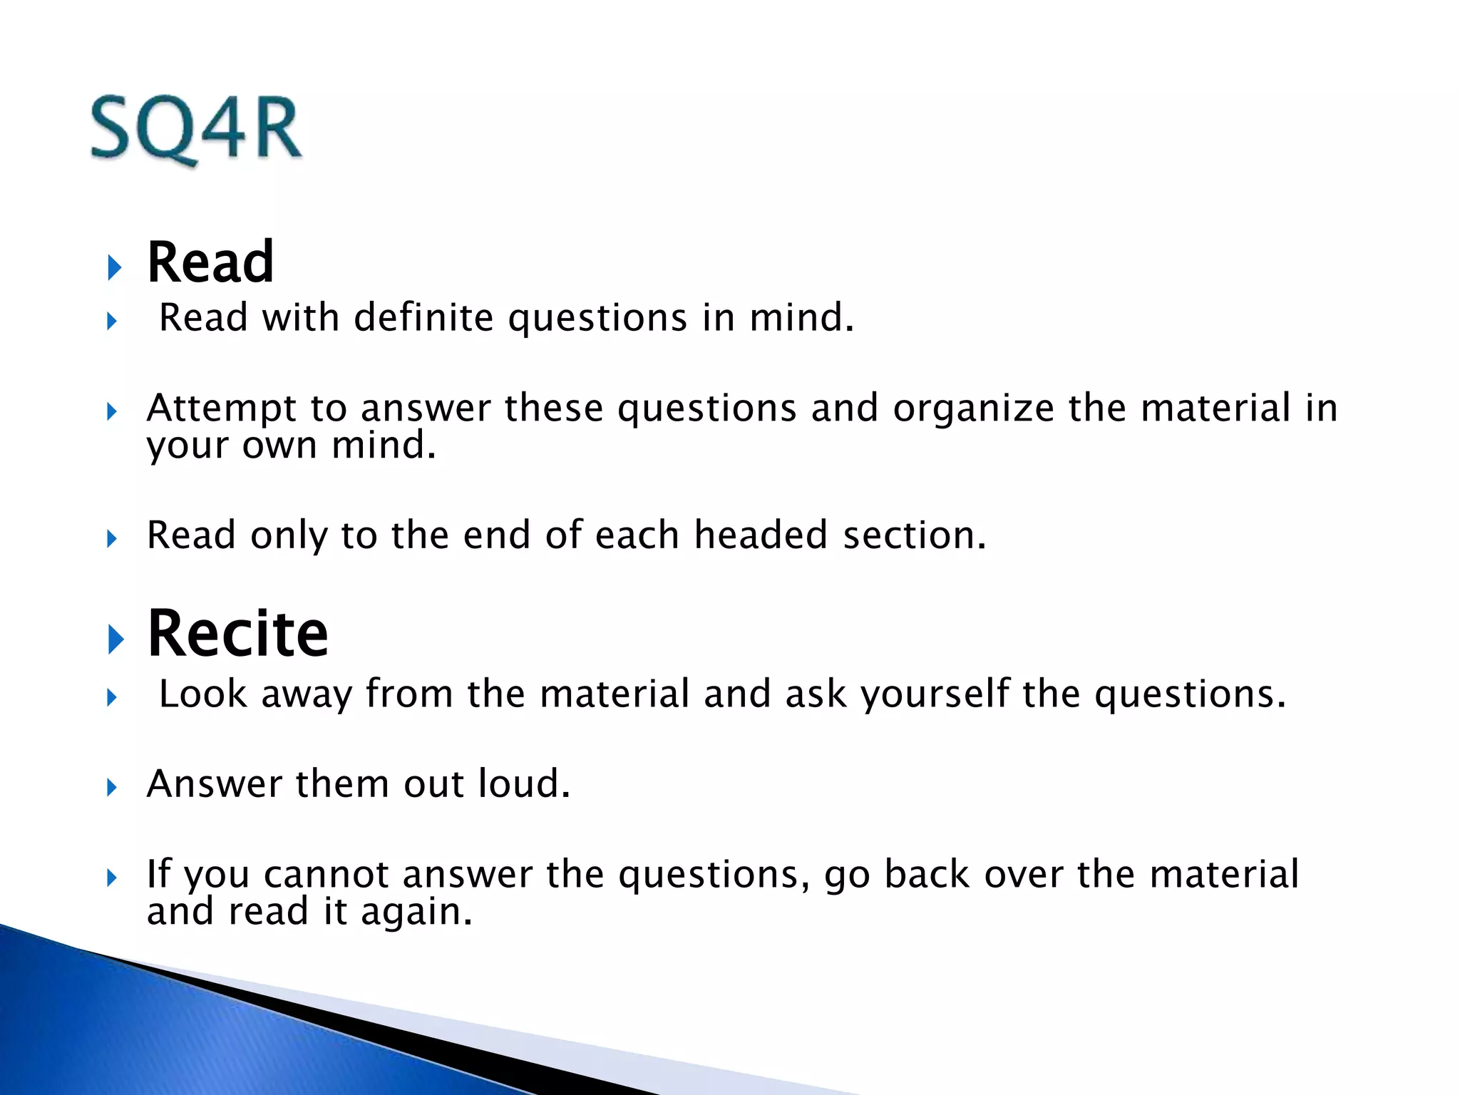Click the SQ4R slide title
(x=196, y=130)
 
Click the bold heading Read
(x=210, y=262)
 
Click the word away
(x=307, y=694)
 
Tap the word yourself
(x=935, y=694)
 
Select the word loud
(x=524, y=784)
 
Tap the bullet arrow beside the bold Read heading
(x=115, y=268)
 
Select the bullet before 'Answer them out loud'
(x=112, y=788)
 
